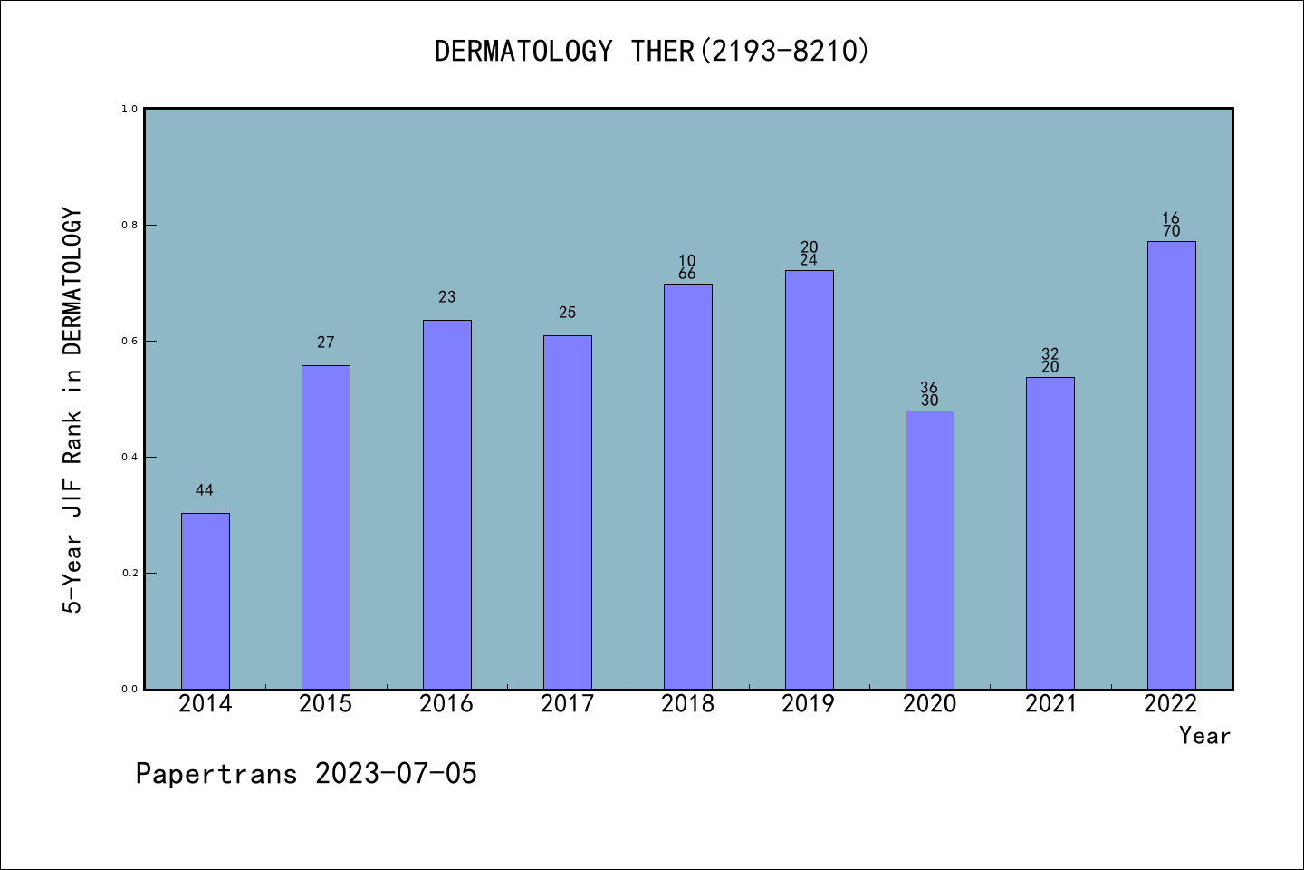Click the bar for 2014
[x=205, y=601]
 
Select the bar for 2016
[x=446, y=505]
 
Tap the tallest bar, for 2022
[x=1171, y=465]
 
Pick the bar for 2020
[x=929, y=550]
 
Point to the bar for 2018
[x=687, y=487]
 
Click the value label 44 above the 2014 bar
[x=205, y=490]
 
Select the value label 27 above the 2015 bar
[x=326, y=343]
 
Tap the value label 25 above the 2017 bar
[x=567, y=313]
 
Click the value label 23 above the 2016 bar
[x=446, y=297]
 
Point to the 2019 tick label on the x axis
[x=809, y=704]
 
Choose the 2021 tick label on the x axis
[x=1050, y=704]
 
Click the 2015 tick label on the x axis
[x=326, y=704]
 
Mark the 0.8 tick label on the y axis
[x=129, y=225]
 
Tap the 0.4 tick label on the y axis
[x=129, y=457]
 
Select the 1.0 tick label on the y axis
[x=129, y=109]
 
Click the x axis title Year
[x=1204, y=736]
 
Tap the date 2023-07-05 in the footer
[x=396, y=774]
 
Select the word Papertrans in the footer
[x=216, y=774]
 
